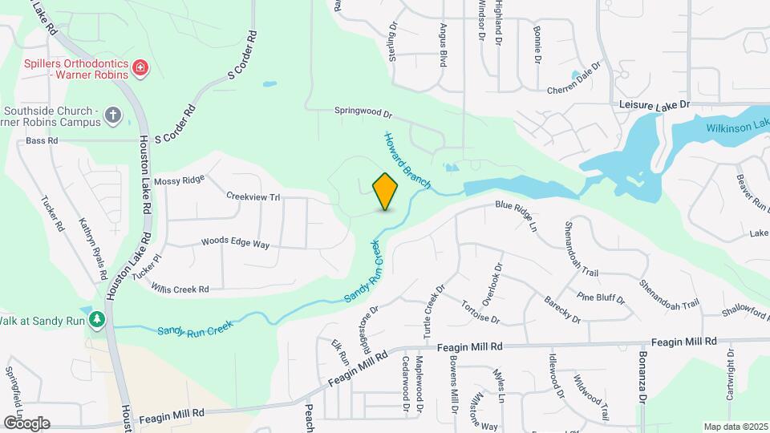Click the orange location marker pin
(386, 191)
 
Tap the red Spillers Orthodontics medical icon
(141, 68)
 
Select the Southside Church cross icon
(113, 116)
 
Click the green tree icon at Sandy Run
(97, 320)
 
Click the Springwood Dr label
(363, 114)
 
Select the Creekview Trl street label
(253, 196)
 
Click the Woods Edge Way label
(235, 241)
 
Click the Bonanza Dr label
(642, 377)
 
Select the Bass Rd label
(43, 140)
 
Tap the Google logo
(26, 423)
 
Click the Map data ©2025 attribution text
(736, 427)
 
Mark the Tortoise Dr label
(480, 312)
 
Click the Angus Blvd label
(442, 44)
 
